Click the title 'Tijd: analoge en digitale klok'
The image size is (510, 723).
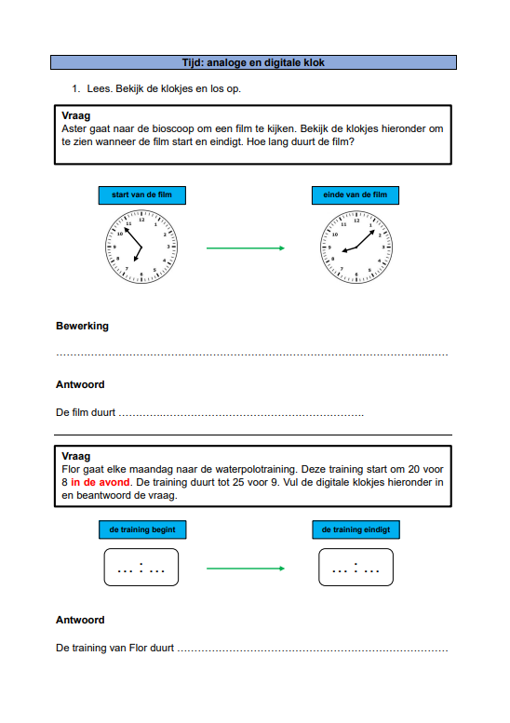[253, 62]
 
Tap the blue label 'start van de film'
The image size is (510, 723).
[142, 195]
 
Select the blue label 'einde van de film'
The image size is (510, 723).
[356, 195]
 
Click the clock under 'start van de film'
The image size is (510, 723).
[141, 247]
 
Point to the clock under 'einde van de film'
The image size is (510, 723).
[356, 247]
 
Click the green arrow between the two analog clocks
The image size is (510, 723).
[246, 248]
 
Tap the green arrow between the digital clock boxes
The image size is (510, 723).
[246, 569]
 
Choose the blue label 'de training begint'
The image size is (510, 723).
[142, 529]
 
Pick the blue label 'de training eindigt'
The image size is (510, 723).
[356, 529]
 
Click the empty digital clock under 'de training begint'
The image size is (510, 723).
[141, 568]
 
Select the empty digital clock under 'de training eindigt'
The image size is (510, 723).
[356, 568]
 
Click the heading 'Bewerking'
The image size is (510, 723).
[83, 326]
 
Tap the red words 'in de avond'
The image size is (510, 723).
[101, 482]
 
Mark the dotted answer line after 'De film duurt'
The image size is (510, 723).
[241, 415]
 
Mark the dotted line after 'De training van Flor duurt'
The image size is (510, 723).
[313, 650]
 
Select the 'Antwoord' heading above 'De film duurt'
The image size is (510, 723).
[80, 384]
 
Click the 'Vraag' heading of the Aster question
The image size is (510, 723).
[76, 115]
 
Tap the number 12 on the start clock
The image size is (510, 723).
[141, 220]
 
